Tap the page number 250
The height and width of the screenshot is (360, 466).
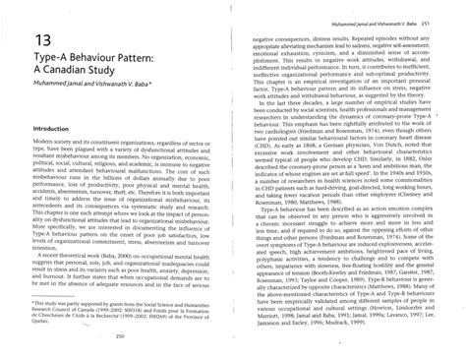pos(120,334)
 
